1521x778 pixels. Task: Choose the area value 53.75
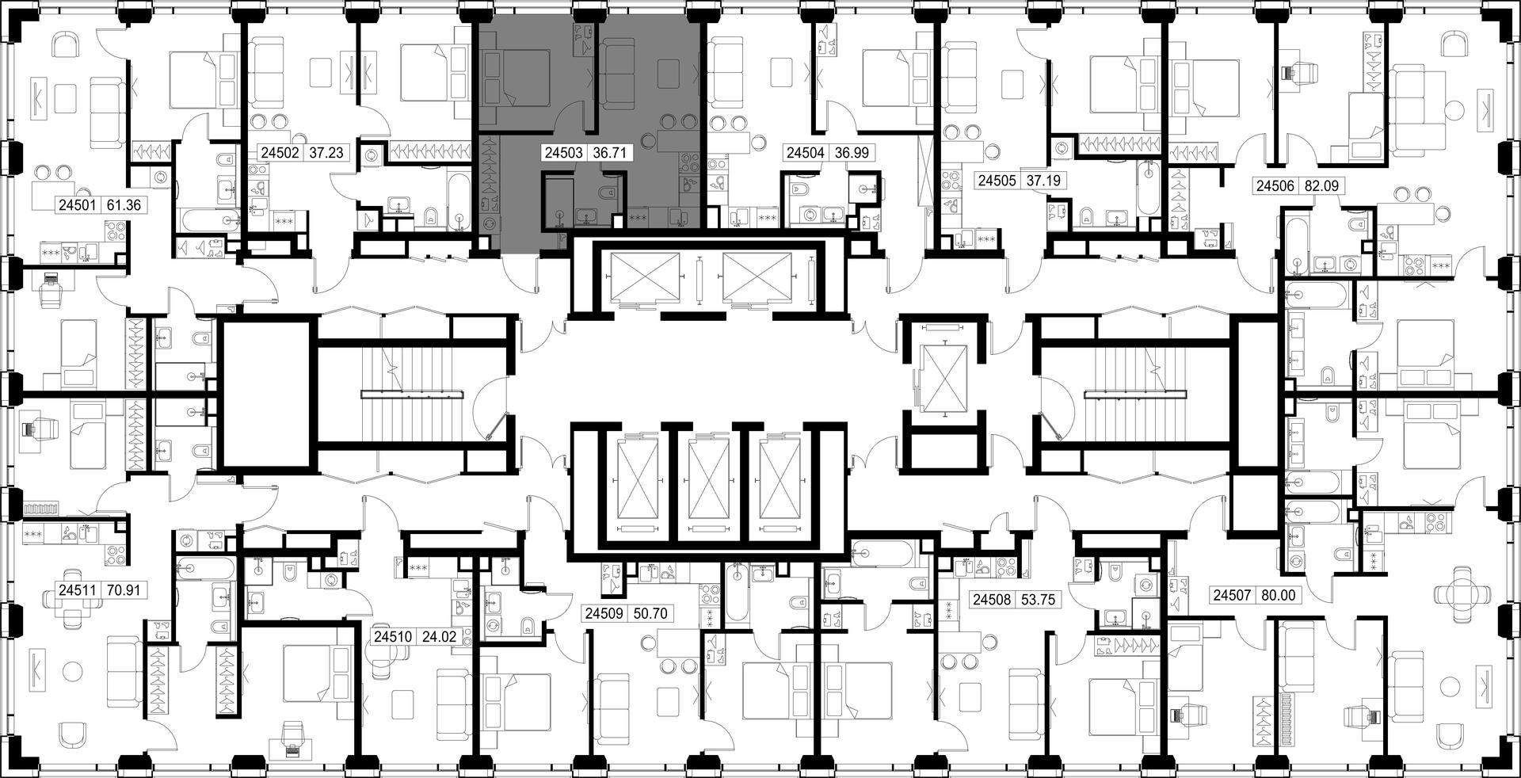click(x=1038, y=600)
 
